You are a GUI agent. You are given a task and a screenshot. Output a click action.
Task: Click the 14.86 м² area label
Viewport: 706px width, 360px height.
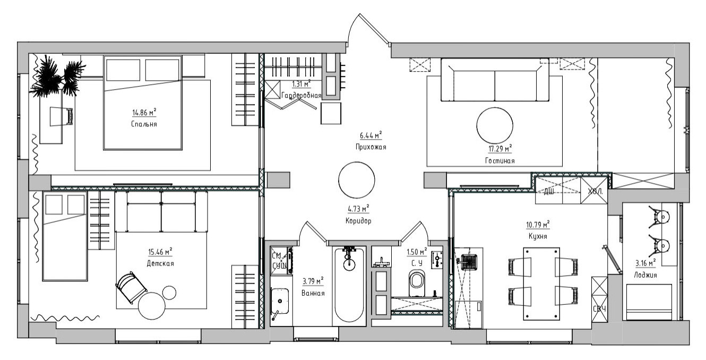click(144, 112)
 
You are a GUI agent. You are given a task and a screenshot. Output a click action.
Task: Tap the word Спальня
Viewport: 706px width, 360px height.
click(144, 124)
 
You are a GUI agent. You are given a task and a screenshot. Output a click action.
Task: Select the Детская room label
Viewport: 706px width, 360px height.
click(160, 263)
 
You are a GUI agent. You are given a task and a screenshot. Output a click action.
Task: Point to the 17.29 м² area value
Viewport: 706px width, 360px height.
click(500, 148)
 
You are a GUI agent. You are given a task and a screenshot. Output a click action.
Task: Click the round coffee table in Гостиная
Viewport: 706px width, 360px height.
click(495, 125)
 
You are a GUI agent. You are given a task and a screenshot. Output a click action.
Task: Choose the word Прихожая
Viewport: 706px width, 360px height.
click(371, 147)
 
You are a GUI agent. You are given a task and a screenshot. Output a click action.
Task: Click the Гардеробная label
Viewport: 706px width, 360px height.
click(302, 95)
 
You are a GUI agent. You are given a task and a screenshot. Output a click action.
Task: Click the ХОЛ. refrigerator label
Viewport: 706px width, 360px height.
click(595, 191)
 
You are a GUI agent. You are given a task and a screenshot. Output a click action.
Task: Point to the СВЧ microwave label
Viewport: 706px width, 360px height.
click(599, 309)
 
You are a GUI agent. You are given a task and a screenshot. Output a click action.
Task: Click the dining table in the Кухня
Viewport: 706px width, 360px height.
click(541, 284)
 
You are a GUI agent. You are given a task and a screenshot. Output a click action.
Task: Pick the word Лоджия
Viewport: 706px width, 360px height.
click(645, 275)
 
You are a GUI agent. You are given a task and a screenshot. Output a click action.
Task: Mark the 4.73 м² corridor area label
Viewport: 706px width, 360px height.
click(358, 208)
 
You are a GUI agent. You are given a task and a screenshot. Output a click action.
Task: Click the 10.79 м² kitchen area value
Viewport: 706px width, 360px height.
click(538, 225)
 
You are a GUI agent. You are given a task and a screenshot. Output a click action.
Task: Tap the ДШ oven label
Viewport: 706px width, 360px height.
click(549, 191)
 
